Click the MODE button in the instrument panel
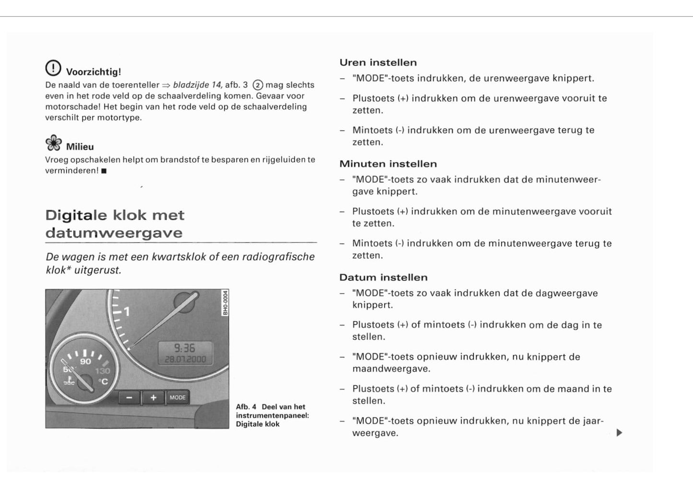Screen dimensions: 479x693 click(x=177, y=397)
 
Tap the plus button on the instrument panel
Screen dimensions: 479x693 click(x=153, y=398)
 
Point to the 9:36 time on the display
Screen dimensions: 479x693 click(x=185, y=348)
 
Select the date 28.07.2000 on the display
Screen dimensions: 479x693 click(x=185, y=359)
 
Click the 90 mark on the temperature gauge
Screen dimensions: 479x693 click(x=85, y=361)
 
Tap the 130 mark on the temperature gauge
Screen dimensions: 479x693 click(x=102, y=371)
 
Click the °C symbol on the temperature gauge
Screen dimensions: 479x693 click(x=103, y=382)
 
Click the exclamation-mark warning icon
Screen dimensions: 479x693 click(x=53, y=68)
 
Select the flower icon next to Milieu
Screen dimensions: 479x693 click(x=53, y=143)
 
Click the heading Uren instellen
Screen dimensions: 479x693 click(x=378, y=62)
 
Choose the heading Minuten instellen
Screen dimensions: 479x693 click(x=388, y=164)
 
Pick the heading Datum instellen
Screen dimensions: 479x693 click(x=383, y=277)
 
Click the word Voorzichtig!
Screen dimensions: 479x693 click(x=94, y=72)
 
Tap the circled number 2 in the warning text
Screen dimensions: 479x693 click(x=258, y=85)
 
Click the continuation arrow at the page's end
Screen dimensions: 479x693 click(x=619, y=433)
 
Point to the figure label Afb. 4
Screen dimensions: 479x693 click(x=246, y=407)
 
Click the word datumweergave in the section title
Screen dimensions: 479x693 click(x=114, y=233)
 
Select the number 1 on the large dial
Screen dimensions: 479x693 click(x=127, y=312)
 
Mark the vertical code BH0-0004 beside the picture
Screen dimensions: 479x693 click(x=225, y=303)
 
